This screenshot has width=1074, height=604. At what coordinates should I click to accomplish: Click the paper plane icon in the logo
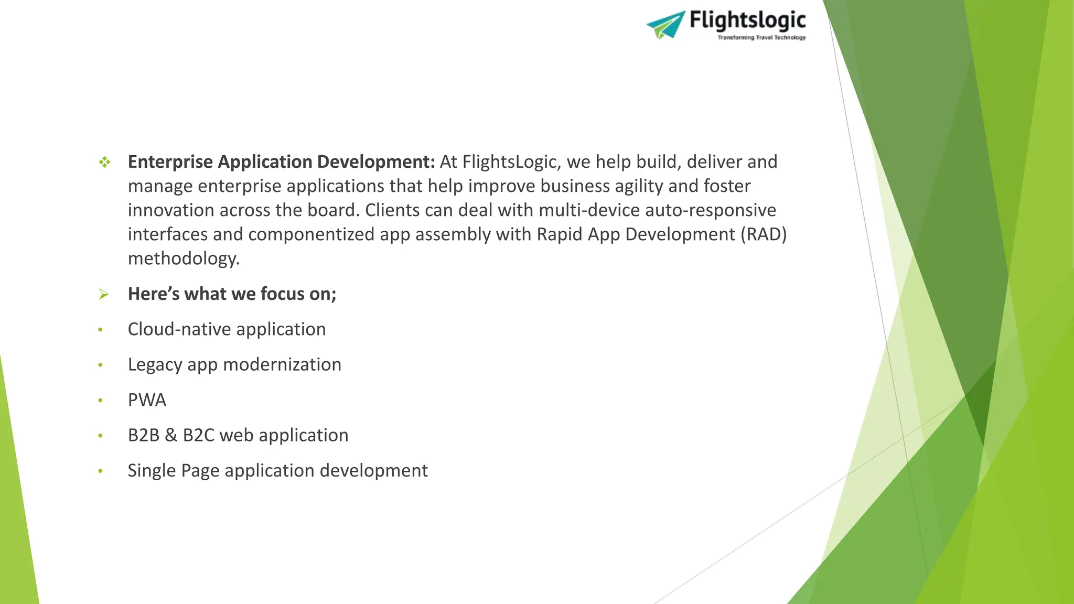click(x=666, y=25)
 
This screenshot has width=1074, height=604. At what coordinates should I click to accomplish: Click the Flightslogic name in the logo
click(x=747, y=21)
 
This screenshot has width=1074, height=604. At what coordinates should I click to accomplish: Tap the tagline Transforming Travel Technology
click(x=761, y=38)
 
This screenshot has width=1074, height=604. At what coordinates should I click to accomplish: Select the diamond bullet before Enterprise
click(x=105, y=163)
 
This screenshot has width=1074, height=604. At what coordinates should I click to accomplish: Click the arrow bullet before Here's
click(x=104, y=295)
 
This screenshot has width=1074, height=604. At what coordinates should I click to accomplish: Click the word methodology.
click(x=184, y=258)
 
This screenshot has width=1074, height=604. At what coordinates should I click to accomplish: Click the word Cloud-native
click(x=179, y=329)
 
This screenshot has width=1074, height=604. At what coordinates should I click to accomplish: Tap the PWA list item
click(x=147, y=400)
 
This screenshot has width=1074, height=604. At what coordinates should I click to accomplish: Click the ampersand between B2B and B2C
click(x=171, y=436)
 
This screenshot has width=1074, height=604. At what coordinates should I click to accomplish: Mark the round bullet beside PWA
click(x=100, y=401)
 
